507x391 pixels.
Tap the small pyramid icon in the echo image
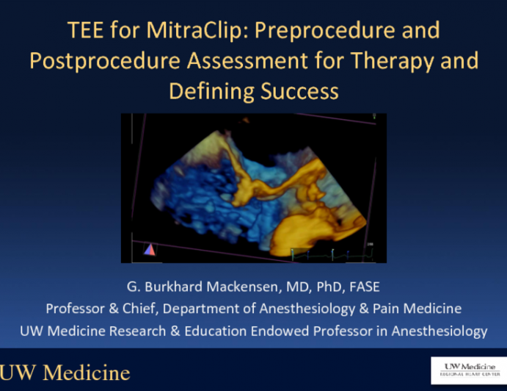149,250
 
